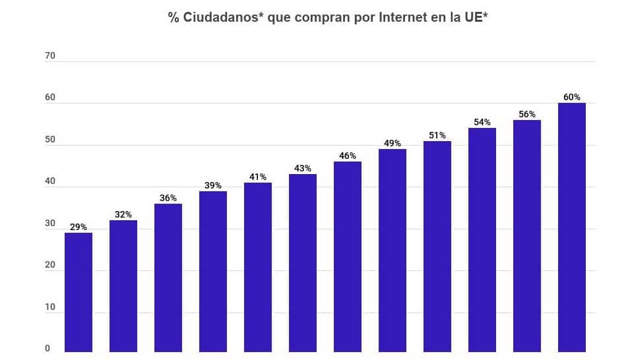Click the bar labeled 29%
coord(79,292)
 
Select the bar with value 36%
coord(168,278)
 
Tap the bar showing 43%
coord(303,262)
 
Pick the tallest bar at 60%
coord(572,227)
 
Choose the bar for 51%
coord(437,246)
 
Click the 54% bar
coord(482,239)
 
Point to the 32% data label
coord(123,214)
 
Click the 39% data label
coord(213,185)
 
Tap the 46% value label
coord(348,156)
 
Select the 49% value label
coord(393,143)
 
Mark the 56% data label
coord(527,114)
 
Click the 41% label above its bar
coord(258,177)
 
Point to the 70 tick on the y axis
coord(50,56)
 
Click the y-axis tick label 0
coord(47,349)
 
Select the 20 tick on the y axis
coord(50,265)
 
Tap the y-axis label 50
coord(50,140)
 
